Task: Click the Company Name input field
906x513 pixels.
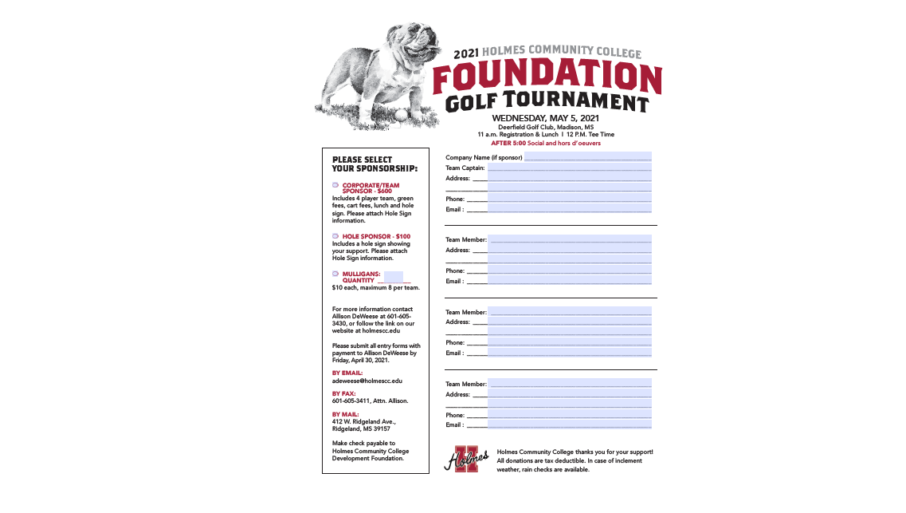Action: click(x=587, y=157)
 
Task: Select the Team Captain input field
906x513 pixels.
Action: click(x=569, y=168)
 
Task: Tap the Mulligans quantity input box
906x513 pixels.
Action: click(x=393, y=277)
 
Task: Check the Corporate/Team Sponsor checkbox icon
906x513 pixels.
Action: click(x=335, y=185)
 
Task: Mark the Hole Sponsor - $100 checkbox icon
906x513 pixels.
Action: click(x=335, y=236)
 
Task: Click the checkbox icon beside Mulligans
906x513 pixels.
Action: click(x=335, y=274)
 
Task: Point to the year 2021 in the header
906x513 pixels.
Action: click(x=466, y=54)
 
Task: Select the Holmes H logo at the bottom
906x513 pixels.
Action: click(x=466, y=459)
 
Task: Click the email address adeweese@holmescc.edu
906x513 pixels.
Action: click(x=367, y=381)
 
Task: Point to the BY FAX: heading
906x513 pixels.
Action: click(x=343, y=393)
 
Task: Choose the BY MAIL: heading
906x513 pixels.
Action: click(x=345, y=414)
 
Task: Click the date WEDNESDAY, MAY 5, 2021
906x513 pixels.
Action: click(x=545, y=119)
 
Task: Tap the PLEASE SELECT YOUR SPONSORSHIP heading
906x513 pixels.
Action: click(x=375, y=164)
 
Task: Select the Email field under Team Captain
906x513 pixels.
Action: click(x=569, y=209)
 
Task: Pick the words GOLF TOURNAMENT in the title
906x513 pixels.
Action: click(x=547, y=102)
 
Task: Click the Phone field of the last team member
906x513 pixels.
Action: click(x=569, y=415)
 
